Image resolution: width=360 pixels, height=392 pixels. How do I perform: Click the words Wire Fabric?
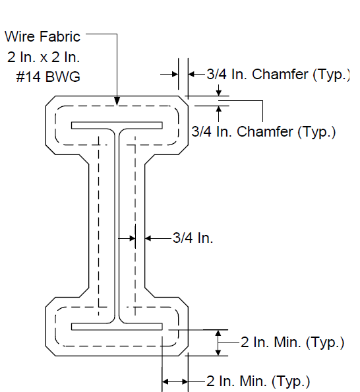42,36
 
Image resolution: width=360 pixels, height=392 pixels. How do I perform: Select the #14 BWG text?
48,77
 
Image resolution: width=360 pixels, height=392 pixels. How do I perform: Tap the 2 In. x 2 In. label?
44,57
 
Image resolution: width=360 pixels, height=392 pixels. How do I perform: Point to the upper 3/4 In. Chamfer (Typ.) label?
278,75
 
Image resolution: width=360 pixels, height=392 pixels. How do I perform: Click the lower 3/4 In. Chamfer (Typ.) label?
264,132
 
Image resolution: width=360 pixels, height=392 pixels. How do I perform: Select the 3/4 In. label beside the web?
193,238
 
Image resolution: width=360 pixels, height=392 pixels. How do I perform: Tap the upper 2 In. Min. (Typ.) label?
292,342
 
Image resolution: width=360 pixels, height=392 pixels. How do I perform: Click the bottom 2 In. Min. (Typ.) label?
258,381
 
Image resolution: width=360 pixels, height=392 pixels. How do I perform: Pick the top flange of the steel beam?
117,125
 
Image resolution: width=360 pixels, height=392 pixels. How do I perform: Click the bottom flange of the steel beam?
117,327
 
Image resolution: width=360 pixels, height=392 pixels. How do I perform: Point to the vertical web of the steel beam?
117,226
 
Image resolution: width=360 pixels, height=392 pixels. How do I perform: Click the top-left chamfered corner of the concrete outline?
51,101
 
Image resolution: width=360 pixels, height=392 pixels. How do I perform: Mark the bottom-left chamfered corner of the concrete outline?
51,351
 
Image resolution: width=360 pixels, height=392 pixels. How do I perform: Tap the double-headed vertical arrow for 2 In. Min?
218,343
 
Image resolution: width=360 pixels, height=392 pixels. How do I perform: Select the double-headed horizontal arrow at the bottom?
175,381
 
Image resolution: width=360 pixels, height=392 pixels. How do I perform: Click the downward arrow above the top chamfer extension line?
219,90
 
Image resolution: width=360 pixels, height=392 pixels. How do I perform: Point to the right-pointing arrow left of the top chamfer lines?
169,75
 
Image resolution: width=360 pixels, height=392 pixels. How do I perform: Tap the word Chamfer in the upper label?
280,75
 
